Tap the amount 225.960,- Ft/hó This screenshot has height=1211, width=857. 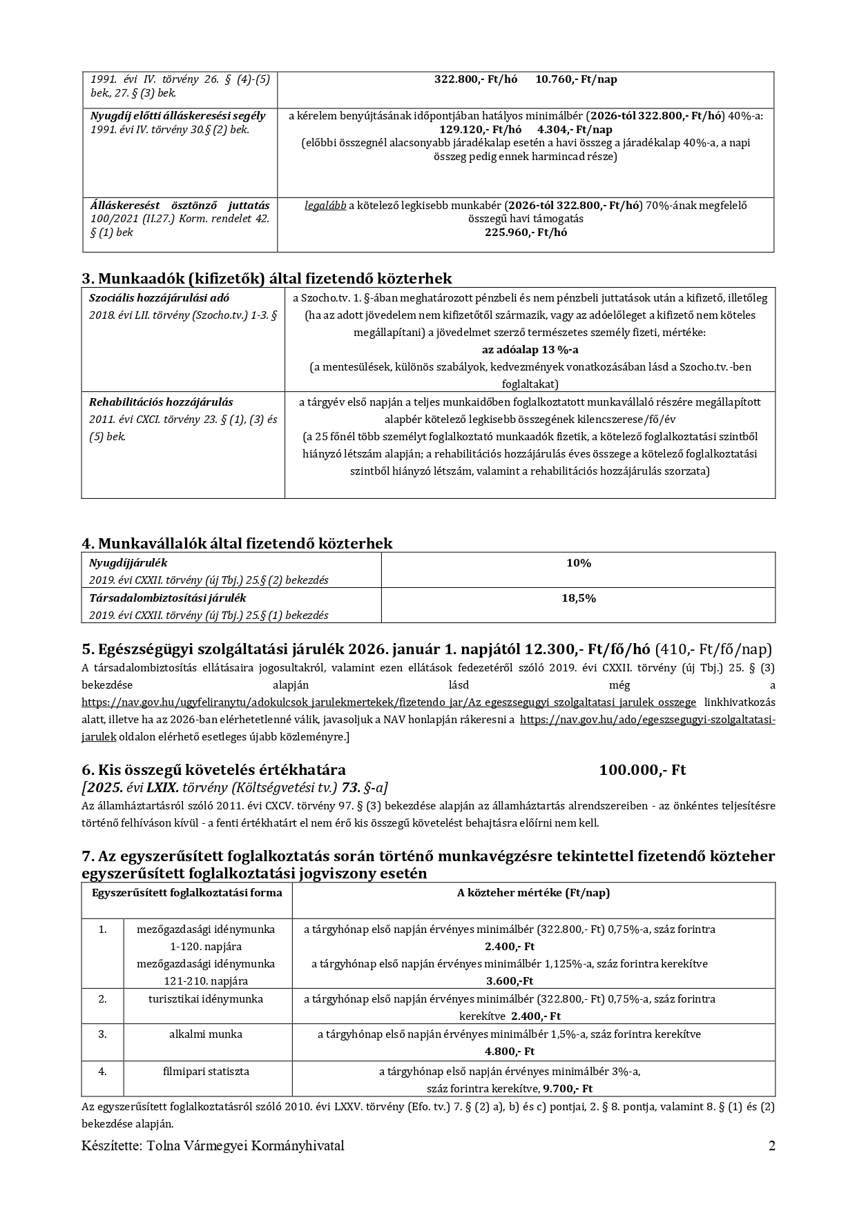526,233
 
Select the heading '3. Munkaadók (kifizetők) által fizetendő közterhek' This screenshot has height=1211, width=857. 267,279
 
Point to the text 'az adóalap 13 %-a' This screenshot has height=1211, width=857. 530,350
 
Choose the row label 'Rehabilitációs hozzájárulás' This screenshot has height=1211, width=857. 161,402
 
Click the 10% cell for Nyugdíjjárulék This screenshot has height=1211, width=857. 578,563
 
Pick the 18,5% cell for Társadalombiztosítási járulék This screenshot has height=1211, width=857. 578,598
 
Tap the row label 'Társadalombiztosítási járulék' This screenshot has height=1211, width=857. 167,598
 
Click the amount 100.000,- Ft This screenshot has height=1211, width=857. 642,770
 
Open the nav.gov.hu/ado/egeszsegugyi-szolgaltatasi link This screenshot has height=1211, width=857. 647,720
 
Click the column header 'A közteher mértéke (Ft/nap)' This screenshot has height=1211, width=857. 533,893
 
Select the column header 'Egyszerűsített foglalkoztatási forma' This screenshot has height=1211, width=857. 186,893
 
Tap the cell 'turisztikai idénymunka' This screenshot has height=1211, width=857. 206,999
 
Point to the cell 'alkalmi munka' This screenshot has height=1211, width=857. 206,1034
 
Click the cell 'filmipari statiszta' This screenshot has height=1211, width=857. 206,1072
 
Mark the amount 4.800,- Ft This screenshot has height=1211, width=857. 510,1052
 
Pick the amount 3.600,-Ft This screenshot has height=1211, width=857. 510,981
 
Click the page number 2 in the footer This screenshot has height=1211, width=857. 771,1146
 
